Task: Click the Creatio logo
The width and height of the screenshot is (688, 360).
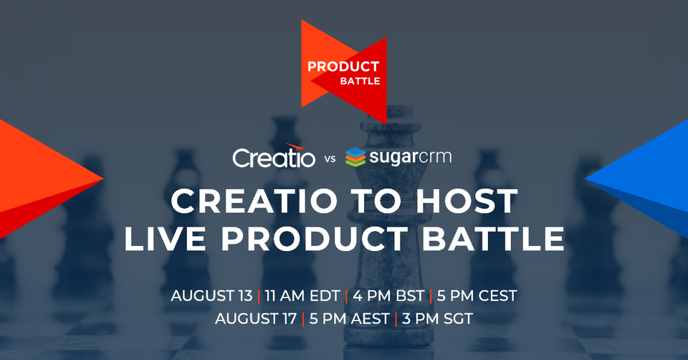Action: [274, 156]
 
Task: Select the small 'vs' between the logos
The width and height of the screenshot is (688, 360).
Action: [330, 159]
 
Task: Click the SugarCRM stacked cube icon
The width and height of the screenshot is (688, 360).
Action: [356, 156]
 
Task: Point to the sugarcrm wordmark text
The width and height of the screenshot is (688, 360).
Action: [411, 156]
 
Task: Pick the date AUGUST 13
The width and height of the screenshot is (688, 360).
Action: [211, 295]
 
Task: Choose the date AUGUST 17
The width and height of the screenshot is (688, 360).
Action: [256, 318]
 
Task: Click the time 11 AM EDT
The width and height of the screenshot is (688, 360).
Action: [301, 295]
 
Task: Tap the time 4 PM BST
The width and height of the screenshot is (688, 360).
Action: [387, 295]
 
